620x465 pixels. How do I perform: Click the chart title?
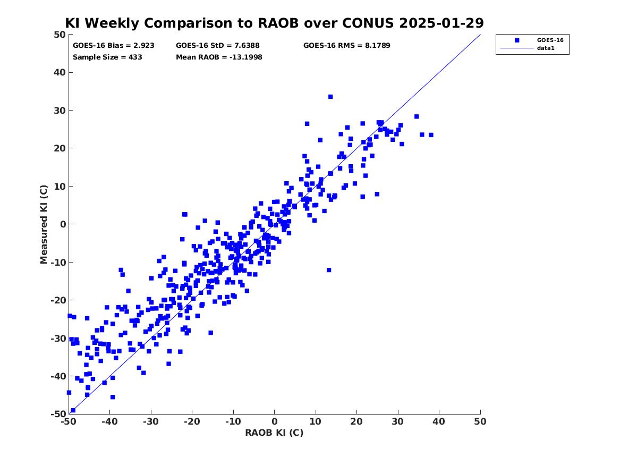click(x=274, y=23)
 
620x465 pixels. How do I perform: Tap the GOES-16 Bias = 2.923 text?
click(x=114, y=46)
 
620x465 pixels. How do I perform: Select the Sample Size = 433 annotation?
click(x=107, y=57)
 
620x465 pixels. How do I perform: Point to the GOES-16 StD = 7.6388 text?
click(x=217, y=46)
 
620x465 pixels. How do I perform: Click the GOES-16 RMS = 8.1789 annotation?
click(x=347, y=46)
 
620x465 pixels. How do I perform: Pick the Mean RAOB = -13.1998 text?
click(x=219, y=57)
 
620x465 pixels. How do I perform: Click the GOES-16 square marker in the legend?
click(x=517, y=40)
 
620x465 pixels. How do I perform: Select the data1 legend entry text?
click(x=546, y=48)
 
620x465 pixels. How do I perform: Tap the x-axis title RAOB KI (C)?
click(x=274, y=433)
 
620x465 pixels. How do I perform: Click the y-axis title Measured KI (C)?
click(x=44, y=224)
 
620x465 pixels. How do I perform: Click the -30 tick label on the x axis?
click(x=151, y=421)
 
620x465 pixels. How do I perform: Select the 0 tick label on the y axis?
click(x=63, y=224)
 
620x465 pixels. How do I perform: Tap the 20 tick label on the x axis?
click(x=356, y=421)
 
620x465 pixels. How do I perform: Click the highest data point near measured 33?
click(x=330, y=97)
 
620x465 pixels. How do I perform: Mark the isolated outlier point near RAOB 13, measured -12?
click(x=329, y=270)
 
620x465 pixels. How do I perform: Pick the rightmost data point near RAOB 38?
click(x=431, y=135)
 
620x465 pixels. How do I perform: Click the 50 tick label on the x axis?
click(x=480, y=421)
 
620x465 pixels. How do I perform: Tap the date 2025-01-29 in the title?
click(x=441, y=23)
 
